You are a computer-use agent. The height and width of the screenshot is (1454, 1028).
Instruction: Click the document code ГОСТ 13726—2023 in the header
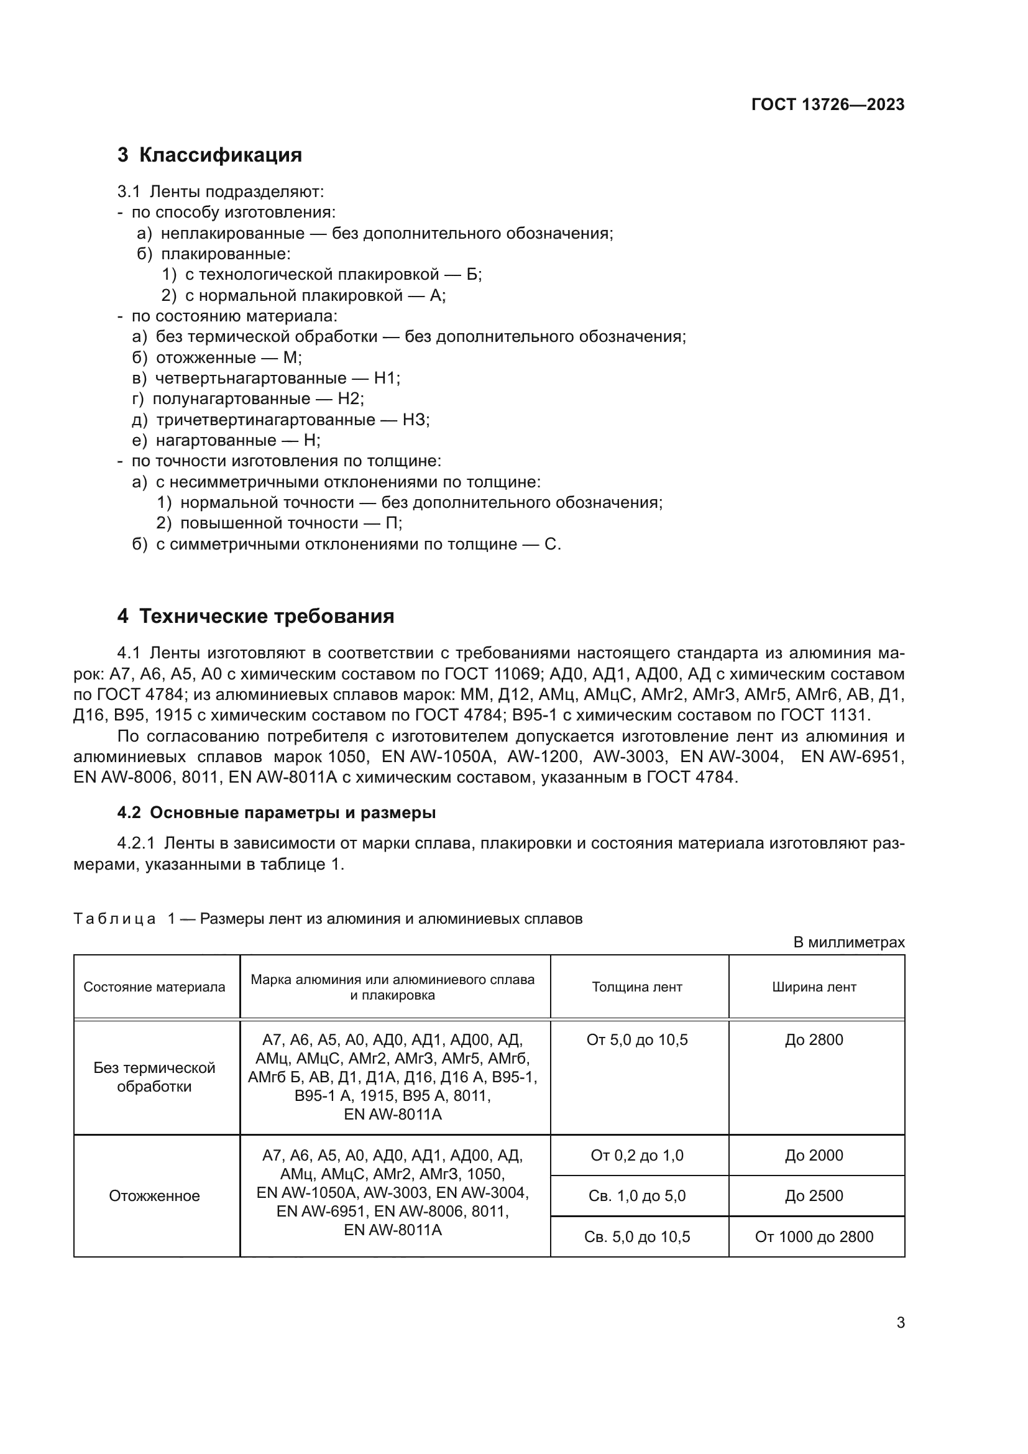pyautogui.click(x=827, y=104)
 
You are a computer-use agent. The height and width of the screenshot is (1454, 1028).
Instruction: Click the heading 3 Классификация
pyautogui.click(x=209, y=155)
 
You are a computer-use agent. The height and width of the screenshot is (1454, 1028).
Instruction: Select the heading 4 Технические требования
pyautogui.click(x=255, y=616)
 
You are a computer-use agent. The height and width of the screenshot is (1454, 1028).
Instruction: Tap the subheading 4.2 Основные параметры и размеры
pyautogui.click(x=277, y=812)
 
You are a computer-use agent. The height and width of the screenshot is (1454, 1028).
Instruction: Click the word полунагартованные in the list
pyautogui.click(x=231, y=399)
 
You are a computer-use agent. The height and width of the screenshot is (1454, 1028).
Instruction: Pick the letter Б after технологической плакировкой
pyautogui.click(x=473, y=274)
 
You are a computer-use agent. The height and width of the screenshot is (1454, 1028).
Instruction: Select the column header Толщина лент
pyautogui.click(x=637, y=987)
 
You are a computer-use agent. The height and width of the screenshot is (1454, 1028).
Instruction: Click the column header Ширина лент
pyautogui.click(x=814, y=987)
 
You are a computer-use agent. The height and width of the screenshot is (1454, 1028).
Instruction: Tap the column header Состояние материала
pyautogui.click(x=155, y=987)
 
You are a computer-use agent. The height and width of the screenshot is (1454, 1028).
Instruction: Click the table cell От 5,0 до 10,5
pyautogui.click(x=637, y=1040)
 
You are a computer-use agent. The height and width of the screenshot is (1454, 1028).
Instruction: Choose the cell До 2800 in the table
pyautogui.click(x=814, y=1040)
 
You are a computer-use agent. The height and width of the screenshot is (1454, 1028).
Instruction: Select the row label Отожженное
pyautogui.click(x=155, y=1195)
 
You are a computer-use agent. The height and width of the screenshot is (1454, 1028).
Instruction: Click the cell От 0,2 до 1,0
pyautogui.click(x=637, y=1155)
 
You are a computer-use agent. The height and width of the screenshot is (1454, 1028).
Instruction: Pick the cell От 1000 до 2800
pyautogui.click(x=814, y=1236)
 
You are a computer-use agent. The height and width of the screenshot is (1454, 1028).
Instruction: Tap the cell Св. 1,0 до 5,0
pyautogui.click(x=637, y=1195)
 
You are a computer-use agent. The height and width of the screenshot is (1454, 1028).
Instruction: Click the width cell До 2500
pyautogui.click(x=814, y=1195)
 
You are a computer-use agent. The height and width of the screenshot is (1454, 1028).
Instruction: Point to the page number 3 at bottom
pyautogui.click(x=901, y=1322)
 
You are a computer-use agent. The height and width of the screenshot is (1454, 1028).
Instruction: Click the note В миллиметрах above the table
pyautogui.click(x=849, y=942)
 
